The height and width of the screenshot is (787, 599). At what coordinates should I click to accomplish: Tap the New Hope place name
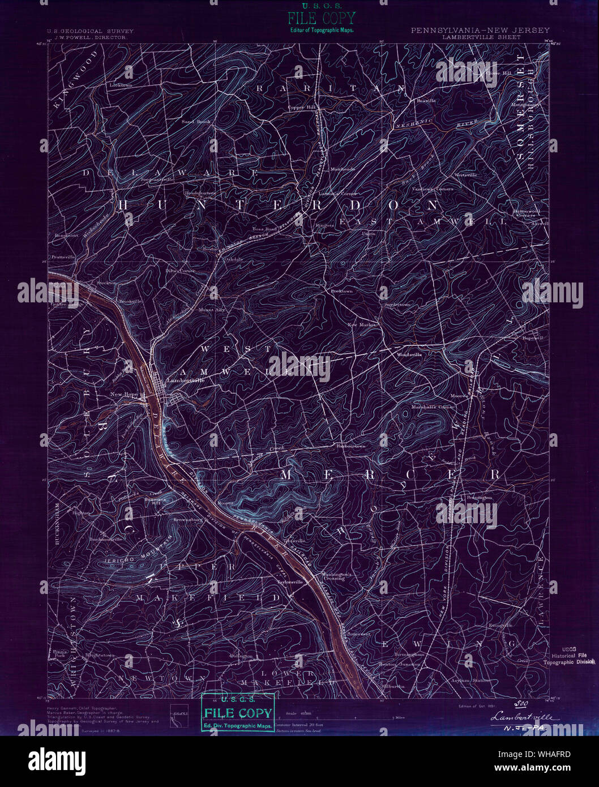[123, 394]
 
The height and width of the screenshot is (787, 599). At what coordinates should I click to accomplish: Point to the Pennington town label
[479, 497]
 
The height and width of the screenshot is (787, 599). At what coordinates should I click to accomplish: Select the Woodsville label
[409, 355]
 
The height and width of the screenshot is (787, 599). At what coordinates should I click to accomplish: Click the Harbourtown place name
[350, 446]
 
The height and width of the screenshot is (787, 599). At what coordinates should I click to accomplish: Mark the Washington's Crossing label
[337, 576]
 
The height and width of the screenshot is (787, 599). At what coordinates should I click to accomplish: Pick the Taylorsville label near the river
[290, 581]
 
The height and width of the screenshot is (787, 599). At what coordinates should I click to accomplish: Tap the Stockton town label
[106, 283]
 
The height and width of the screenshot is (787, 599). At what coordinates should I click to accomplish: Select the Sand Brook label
[196, 122]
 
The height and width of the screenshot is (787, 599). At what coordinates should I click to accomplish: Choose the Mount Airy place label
[212, 310]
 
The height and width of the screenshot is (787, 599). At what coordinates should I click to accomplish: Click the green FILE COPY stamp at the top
[321, 18]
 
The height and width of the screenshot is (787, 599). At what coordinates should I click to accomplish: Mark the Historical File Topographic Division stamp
[568, 656]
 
